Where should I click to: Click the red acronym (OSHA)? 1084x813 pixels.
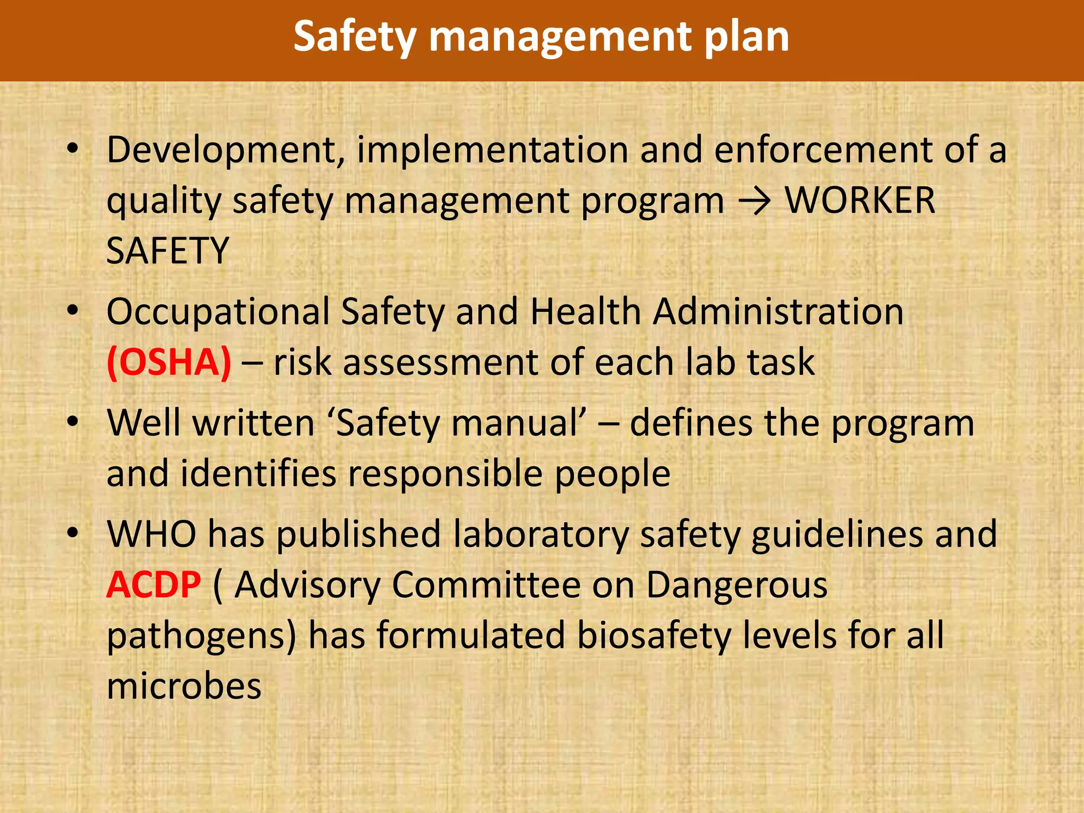[169, 363]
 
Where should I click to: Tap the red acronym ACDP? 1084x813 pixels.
[153, 585]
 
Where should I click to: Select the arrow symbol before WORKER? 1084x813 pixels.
[754, 201]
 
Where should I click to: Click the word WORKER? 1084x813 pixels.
[860, 201]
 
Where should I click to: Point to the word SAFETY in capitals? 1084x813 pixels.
[167, 251]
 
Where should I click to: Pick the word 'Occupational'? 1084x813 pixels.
[218, 312]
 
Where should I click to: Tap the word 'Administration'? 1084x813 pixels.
[778, 312]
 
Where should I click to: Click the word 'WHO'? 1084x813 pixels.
[151, 535]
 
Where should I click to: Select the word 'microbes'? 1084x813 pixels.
[184, 686]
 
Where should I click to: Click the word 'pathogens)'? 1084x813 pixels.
[201, 637]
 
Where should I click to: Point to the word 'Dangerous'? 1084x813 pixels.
[737, 585]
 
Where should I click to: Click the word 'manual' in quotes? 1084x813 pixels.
[518, 424]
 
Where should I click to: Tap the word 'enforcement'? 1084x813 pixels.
[824, 150]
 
